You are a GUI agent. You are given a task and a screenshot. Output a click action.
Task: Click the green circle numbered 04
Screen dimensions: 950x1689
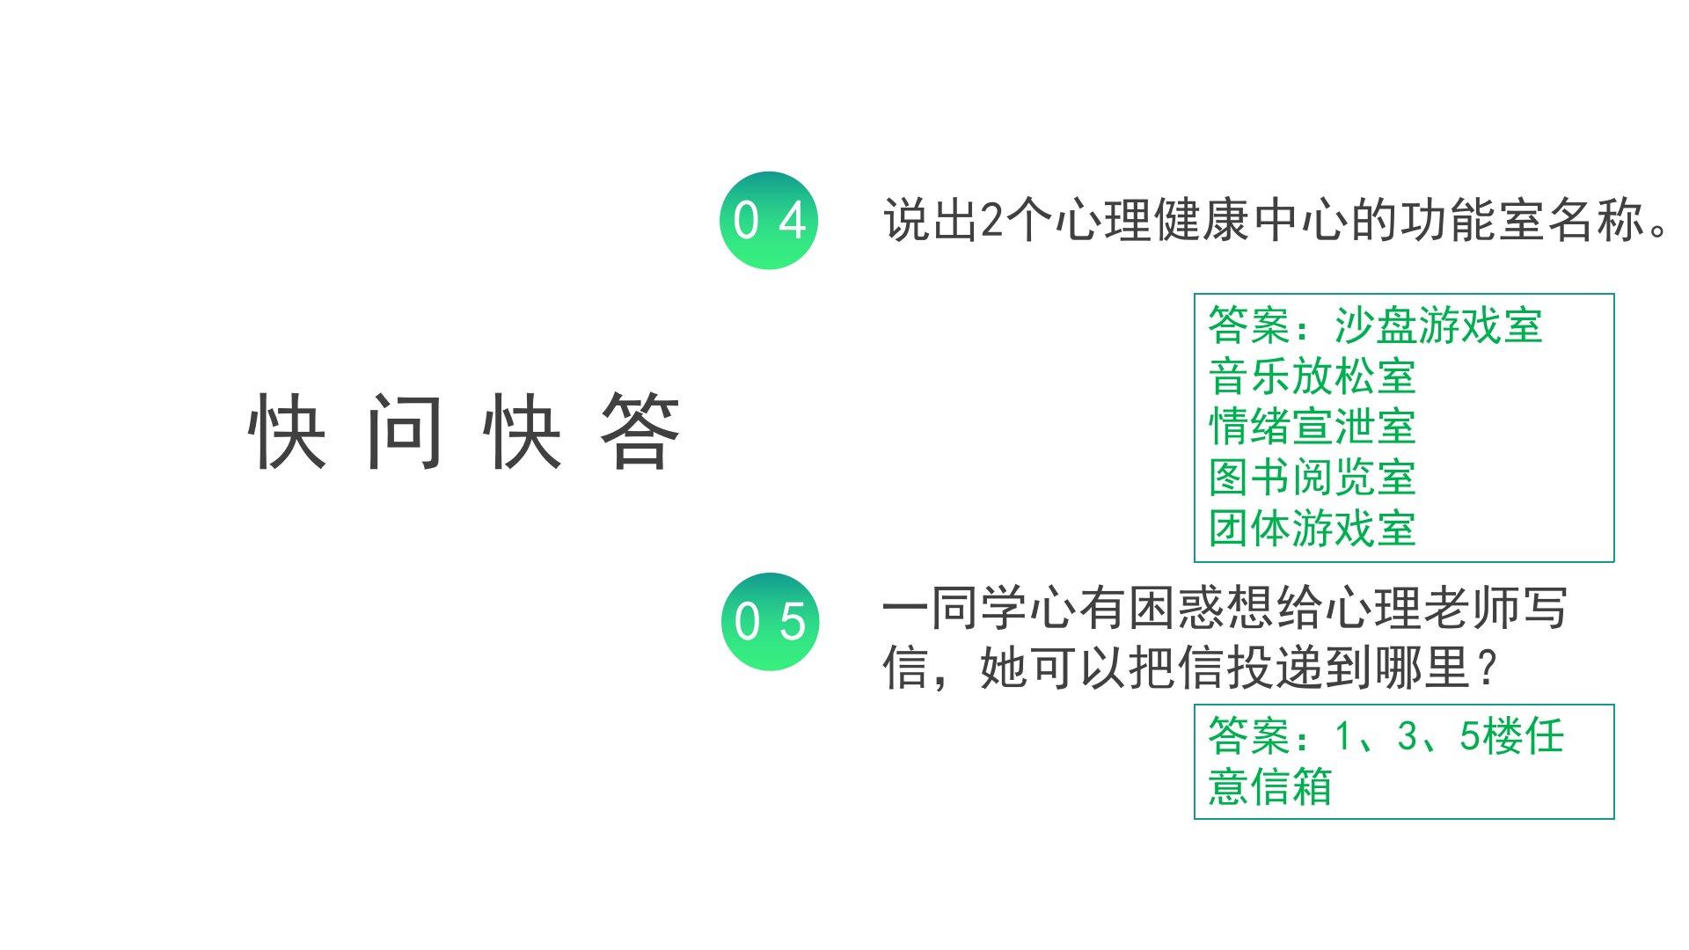[769, 220]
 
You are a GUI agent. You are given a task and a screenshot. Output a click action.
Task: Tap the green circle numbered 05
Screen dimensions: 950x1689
[769, 621]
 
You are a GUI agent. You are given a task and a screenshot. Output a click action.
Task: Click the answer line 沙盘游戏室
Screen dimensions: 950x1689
[1437, 325]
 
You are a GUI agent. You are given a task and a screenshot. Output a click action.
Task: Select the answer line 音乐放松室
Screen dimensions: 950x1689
[1311, 376]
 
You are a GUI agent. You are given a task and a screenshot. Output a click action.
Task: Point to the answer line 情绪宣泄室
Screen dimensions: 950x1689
[1311, 427]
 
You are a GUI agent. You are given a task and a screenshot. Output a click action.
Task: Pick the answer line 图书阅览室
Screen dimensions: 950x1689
[1311, 478]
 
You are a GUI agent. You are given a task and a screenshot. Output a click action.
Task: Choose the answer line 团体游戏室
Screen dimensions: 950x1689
[1311, 529]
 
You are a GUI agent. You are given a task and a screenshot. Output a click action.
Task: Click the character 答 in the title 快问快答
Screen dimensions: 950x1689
[640, 431]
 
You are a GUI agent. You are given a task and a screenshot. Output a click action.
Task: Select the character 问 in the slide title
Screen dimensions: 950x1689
[405, 431]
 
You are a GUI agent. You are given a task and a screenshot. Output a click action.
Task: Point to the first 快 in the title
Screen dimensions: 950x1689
[287, 431]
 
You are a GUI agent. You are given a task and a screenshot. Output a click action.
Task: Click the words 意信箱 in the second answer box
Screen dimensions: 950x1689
[1269, 786]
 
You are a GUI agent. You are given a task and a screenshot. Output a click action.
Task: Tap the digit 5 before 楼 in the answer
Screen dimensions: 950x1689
[1469, 735]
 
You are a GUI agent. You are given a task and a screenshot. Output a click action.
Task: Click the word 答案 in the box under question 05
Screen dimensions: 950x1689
[1249, 735]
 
